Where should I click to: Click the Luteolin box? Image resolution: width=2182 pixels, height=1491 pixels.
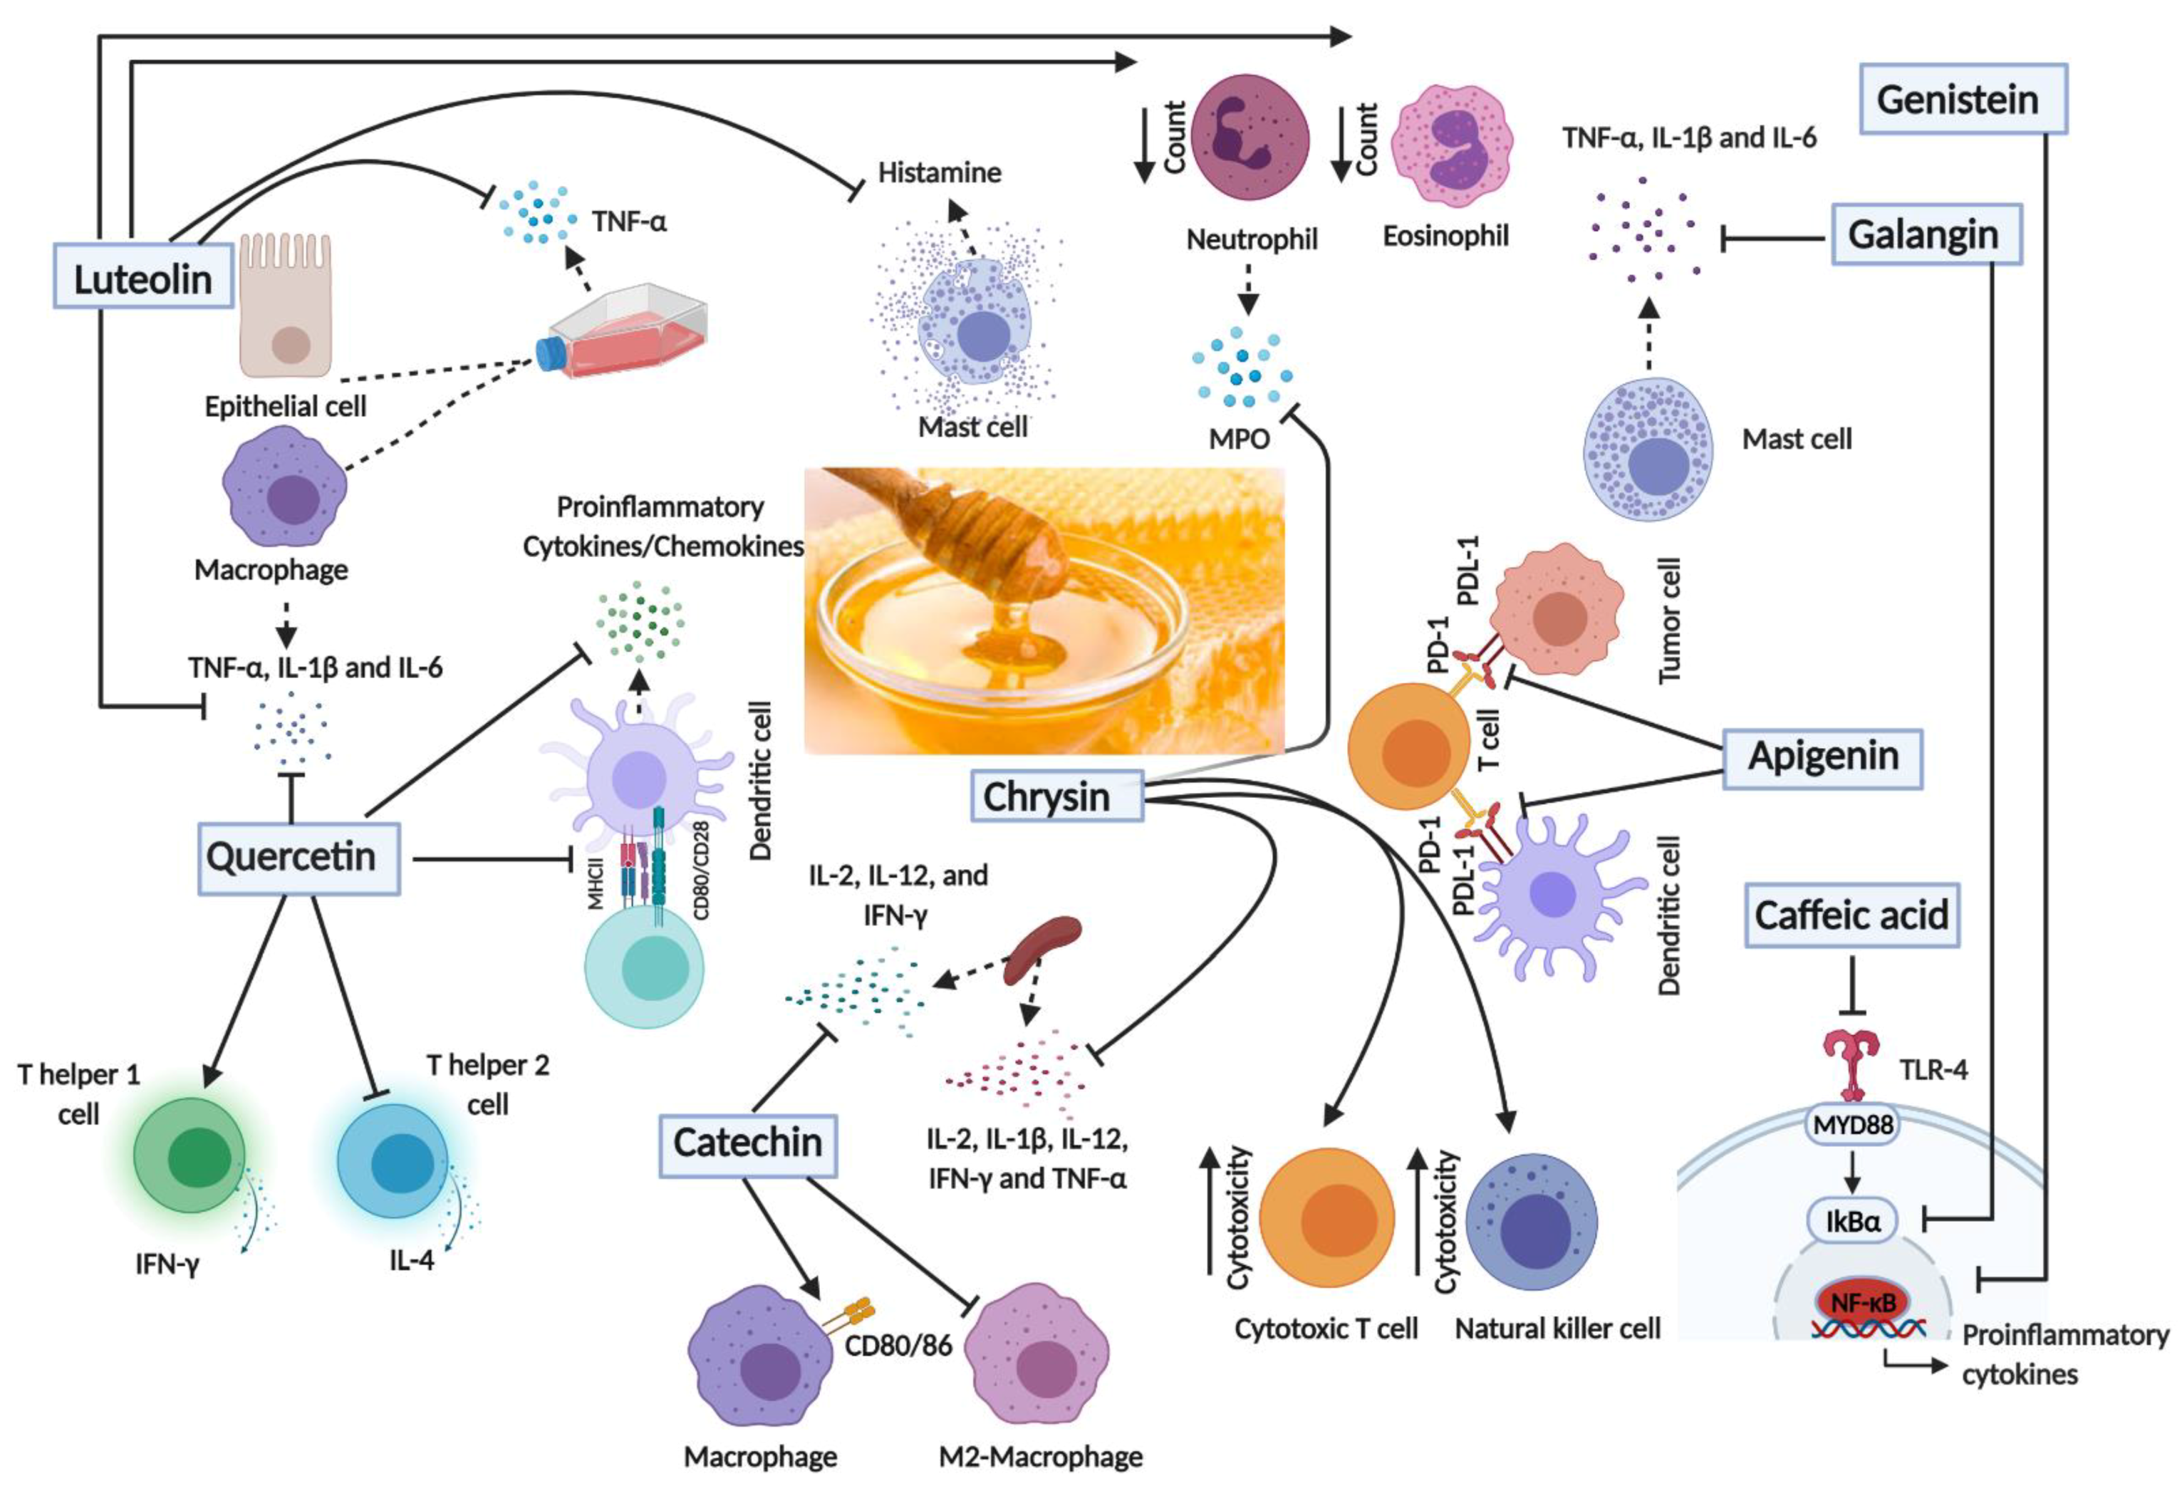142,279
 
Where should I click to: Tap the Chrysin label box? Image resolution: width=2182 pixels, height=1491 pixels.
1056,796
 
